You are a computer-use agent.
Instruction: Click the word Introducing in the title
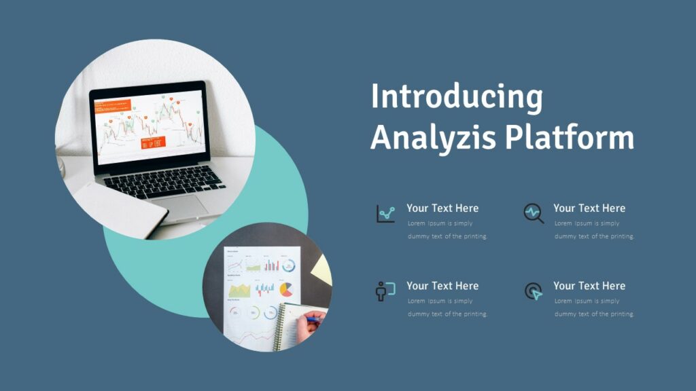point(456,96)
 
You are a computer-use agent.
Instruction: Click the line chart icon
point(385,214)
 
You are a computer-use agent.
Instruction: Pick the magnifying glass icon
point(534,214)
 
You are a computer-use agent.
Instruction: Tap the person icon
point(385,291)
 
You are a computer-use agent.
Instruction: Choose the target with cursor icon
point(534,291)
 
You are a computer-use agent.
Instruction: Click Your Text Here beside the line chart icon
point(442,208)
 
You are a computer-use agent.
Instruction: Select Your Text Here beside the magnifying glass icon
point(589,208)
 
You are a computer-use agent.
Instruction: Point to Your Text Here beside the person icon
point(442,286)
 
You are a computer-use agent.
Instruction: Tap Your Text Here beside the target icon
point(589,286)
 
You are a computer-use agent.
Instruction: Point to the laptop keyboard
point(164,182)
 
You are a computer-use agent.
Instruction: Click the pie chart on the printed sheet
point(286,289)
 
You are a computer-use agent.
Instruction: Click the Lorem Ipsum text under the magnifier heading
point(594,229)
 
